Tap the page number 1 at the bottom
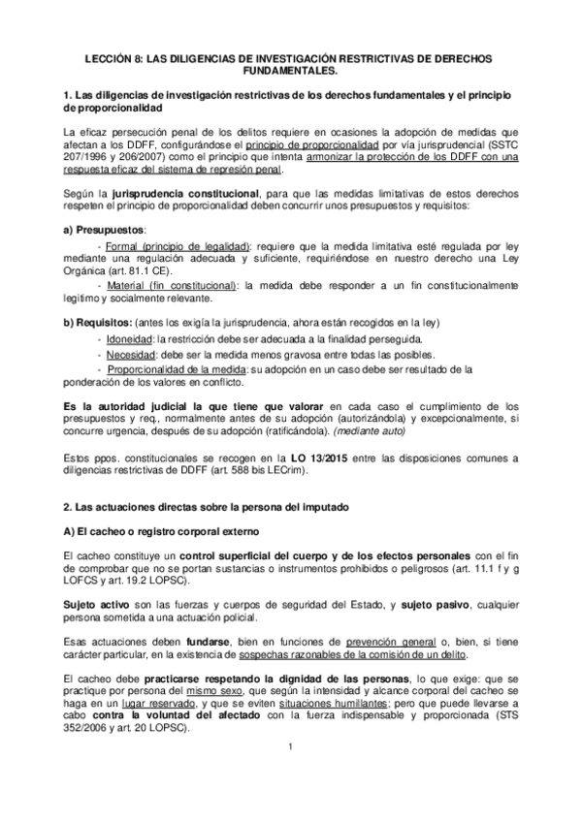coord(290,773)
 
